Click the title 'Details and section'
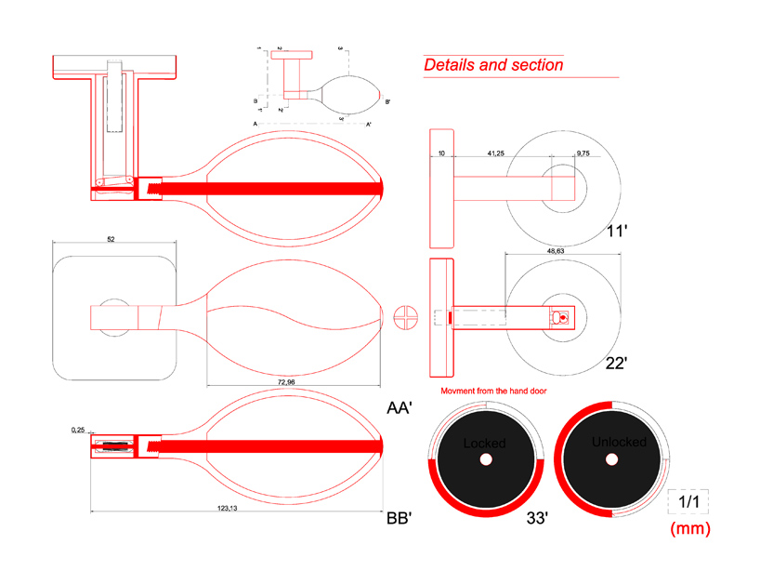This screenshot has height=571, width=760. [x=493, y=65]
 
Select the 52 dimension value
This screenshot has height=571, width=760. [x=111, y=239]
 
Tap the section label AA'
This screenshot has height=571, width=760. [x=400, y=406]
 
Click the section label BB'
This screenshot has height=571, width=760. [x=400, y=519]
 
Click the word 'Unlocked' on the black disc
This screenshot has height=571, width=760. [x=618, y=443]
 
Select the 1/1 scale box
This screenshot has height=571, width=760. [x=688, y=501]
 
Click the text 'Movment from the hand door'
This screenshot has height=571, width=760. [x=493, y=391]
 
